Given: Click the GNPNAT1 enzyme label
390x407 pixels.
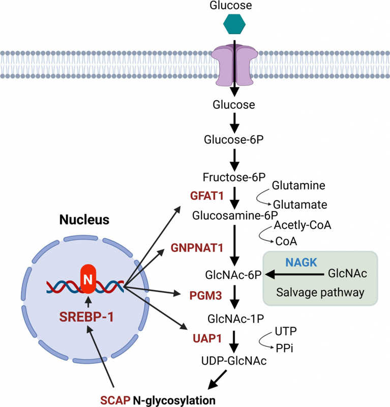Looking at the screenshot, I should (x=197, y=248).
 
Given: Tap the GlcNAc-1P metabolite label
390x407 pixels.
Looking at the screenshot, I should (x=234, y=319).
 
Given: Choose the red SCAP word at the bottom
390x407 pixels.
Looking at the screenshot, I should (x=115, y=399).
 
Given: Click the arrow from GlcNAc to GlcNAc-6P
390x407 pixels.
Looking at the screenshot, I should (x=295, y=275).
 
